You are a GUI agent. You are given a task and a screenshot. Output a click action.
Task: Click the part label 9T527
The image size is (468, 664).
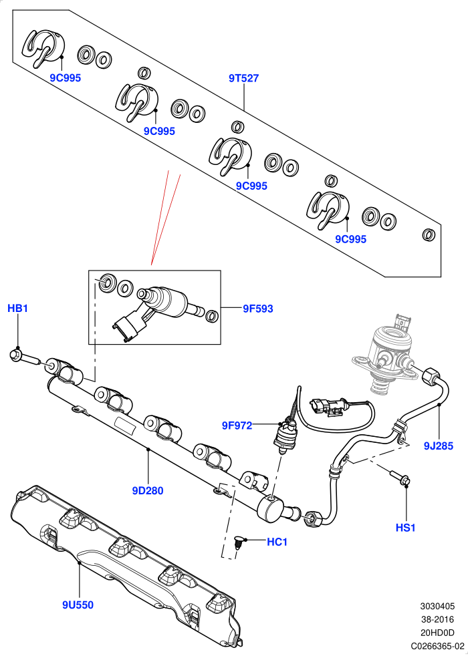244,78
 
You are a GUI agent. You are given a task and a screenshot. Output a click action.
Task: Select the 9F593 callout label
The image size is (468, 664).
258,309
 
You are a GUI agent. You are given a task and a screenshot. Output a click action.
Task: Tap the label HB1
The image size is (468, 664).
18,309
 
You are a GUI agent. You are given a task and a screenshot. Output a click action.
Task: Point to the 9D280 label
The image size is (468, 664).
148,491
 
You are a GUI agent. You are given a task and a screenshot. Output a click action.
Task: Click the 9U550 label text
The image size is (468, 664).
78,605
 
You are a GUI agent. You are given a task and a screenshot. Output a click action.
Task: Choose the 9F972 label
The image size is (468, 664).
237,426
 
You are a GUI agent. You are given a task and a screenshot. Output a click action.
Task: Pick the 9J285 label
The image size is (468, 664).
439,446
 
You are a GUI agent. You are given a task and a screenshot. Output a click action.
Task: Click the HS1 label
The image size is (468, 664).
406,528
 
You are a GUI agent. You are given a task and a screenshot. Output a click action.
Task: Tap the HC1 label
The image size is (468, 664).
277,542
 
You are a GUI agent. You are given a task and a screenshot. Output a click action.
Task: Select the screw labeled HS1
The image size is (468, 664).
399,477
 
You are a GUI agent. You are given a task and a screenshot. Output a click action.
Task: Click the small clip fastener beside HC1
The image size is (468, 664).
239,543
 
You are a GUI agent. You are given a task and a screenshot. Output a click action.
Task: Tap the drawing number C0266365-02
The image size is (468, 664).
437,646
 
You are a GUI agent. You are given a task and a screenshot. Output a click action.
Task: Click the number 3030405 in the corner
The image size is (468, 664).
437,607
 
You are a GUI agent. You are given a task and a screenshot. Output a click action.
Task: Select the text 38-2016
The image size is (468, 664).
437,619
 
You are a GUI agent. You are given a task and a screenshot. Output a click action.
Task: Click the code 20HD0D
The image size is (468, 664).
437,633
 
